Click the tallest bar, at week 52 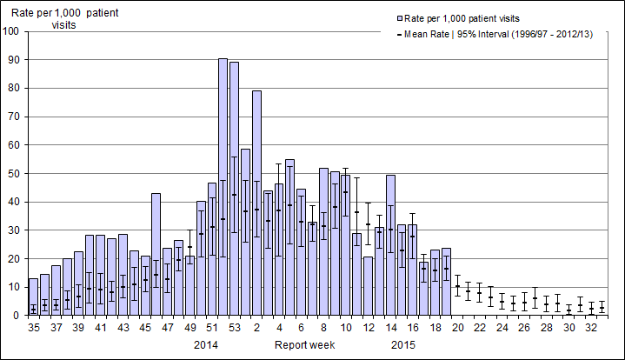(x=223, y=187)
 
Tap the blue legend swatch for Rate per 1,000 (x=398, y=17)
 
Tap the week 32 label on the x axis (x=591, y=328)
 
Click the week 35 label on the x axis (x=34, y=328)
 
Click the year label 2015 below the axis (x=402, y=345)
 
